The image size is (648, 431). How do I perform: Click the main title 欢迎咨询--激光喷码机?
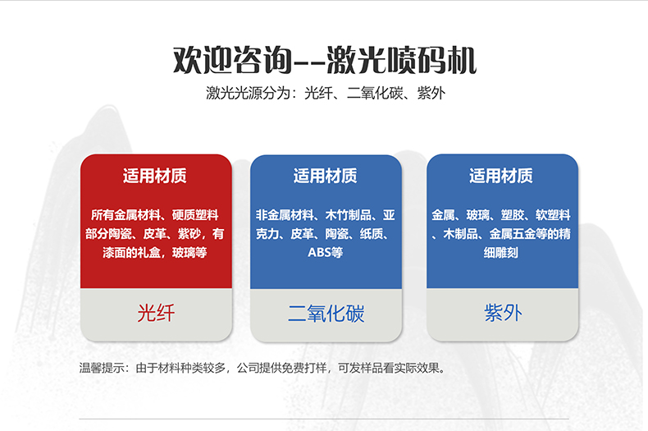click(324, 59)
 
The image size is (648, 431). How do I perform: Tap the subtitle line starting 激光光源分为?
click(324, 93)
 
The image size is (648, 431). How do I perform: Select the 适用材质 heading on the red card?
click(155, 176)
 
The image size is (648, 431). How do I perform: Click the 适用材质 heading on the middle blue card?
click(326, 176)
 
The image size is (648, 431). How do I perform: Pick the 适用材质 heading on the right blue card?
click(501, 176)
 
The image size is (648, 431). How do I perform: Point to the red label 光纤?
click(155, 313)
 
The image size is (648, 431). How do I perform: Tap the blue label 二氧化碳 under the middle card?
click(326, 314)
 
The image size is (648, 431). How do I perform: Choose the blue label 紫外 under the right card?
click(502, 313)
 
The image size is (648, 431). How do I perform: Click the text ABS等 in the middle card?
click(326, 253)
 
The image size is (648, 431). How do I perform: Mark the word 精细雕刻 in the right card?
click(501, 253)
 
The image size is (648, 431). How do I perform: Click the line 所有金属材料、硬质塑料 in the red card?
click(155, 215)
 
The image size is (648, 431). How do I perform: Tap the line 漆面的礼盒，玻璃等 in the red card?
click(155, 253)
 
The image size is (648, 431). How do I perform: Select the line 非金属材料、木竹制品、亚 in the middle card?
click(326, 215)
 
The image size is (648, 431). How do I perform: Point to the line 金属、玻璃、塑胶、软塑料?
click(501, 215)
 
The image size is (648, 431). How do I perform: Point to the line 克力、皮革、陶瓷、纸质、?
click(326, 234)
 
